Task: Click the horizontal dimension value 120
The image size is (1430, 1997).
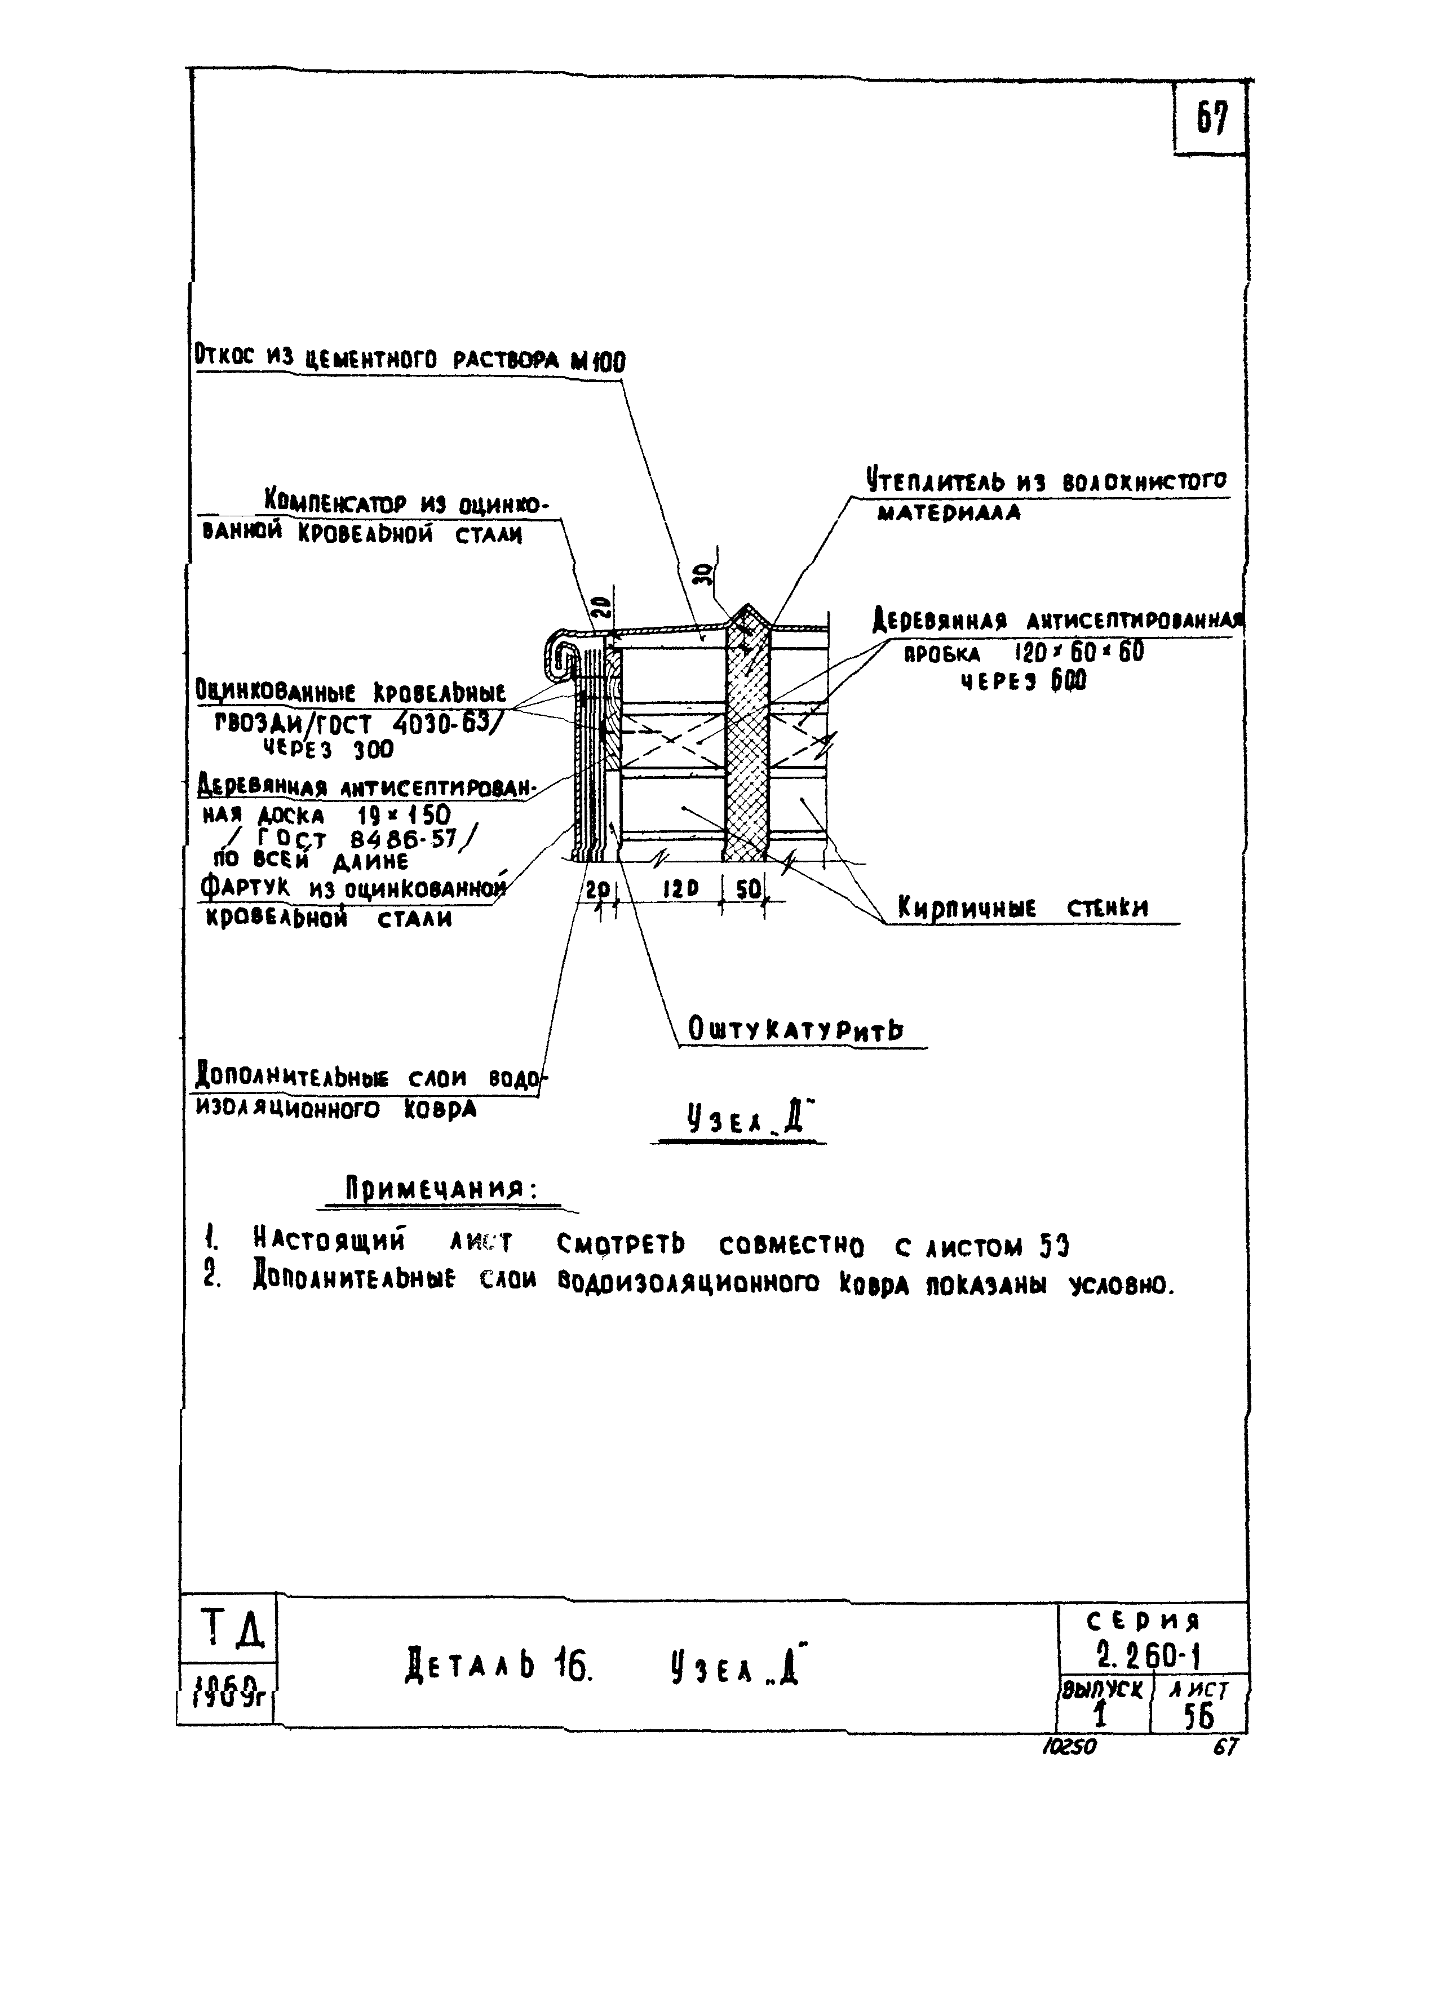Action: (x=680, y=889)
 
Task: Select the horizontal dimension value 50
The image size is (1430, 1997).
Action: (x=749, y=889)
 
